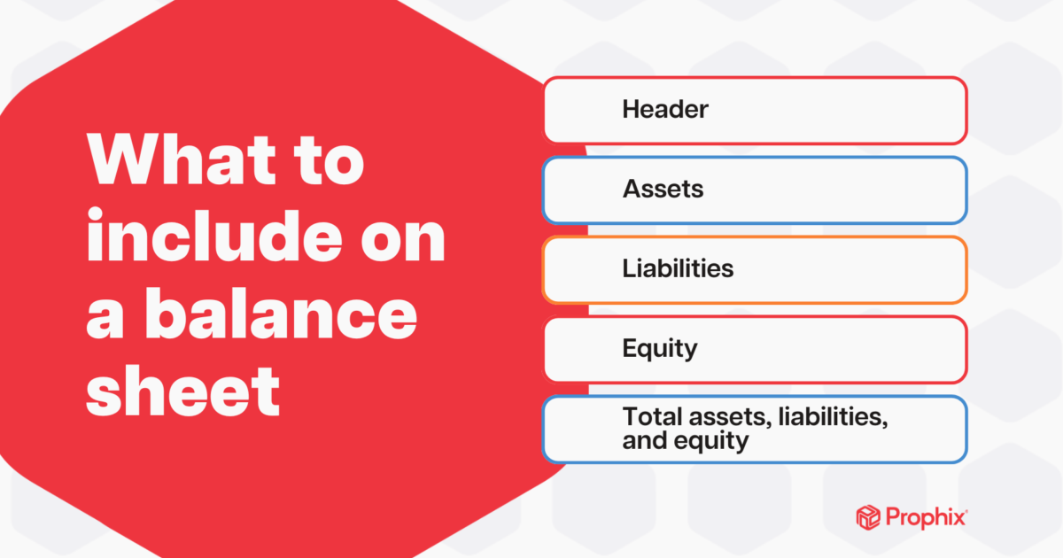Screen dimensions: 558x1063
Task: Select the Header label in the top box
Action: (665, 110)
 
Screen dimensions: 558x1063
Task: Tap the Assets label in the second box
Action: (663, 189)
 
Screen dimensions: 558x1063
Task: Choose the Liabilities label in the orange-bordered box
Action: (678, 268)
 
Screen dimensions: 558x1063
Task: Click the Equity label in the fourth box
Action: (660, 348)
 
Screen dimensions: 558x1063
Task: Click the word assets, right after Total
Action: (714, 417)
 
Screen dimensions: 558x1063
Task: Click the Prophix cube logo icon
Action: (869, 516)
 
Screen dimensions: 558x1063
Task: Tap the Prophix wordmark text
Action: (925, 516)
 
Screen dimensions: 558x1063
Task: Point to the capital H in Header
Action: (630, 110)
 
